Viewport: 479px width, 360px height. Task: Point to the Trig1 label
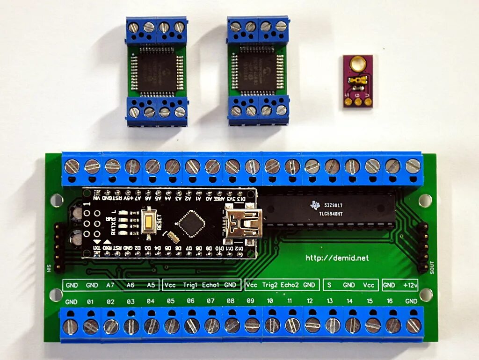click(x=191, y=285)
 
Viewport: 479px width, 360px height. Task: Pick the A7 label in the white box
click(x=110, y=285)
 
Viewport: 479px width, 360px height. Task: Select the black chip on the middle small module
click(x=257, y=72)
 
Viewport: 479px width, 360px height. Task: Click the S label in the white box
click(x=329, y=285)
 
